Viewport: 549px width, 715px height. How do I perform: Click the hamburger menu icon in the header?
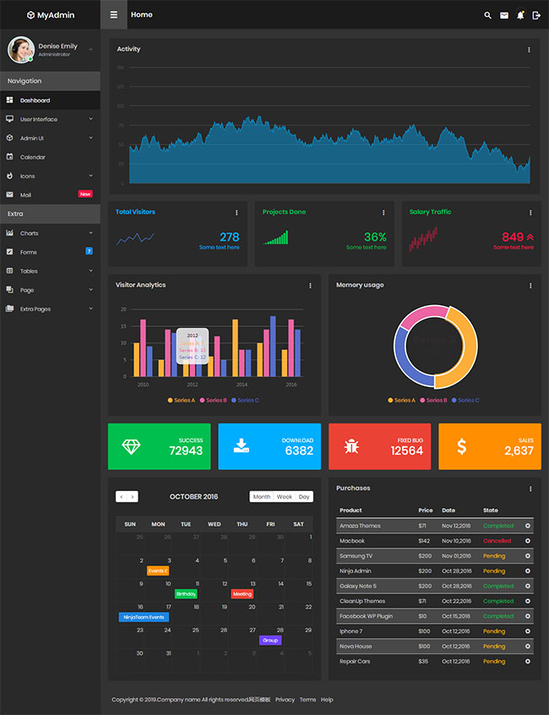(113, 15)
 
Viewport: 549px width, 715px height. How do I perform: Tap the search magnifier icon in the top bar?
(487, 15)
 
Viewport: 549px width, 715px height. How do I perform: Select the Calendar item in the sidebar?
(33, 157)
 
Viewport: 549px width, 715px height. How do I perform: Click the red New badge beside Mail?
(85, 194)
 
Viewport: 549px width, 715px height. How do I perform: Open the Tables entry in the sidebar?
(29, 271)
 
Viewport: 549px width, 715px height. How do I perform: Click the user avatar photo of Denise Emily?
(20, 50)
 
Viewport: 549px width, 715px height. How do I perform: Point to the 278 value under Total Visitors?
(229, 237)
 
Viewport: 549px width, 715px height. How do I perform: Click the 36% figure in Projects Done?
(375, 237)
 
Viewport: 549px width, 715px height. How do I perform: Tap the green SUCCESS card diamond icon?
(132, 446)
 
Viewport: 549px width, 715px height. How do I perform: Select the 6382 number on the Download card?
(299, 451)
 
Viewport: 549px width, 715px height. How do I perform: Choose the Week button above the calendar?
(285, 497)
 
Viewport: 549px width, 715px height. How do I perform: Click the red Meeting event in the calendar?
(242, 594)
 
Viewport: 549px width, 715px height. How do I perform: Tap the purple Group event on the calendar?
(270, 641)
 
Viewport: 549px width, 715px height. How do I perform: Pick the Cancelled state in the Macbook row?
(497, 541)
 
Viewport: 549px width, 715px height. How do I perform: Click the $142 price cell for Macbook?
(424, 541)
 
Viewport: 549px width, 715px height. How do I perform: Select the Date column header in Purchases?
(448, 510)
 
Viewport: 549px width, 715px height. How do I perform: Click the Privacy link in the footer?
(285, 700)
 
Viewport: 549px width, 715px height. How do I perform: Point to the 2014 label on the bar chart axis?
(242, 385)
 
